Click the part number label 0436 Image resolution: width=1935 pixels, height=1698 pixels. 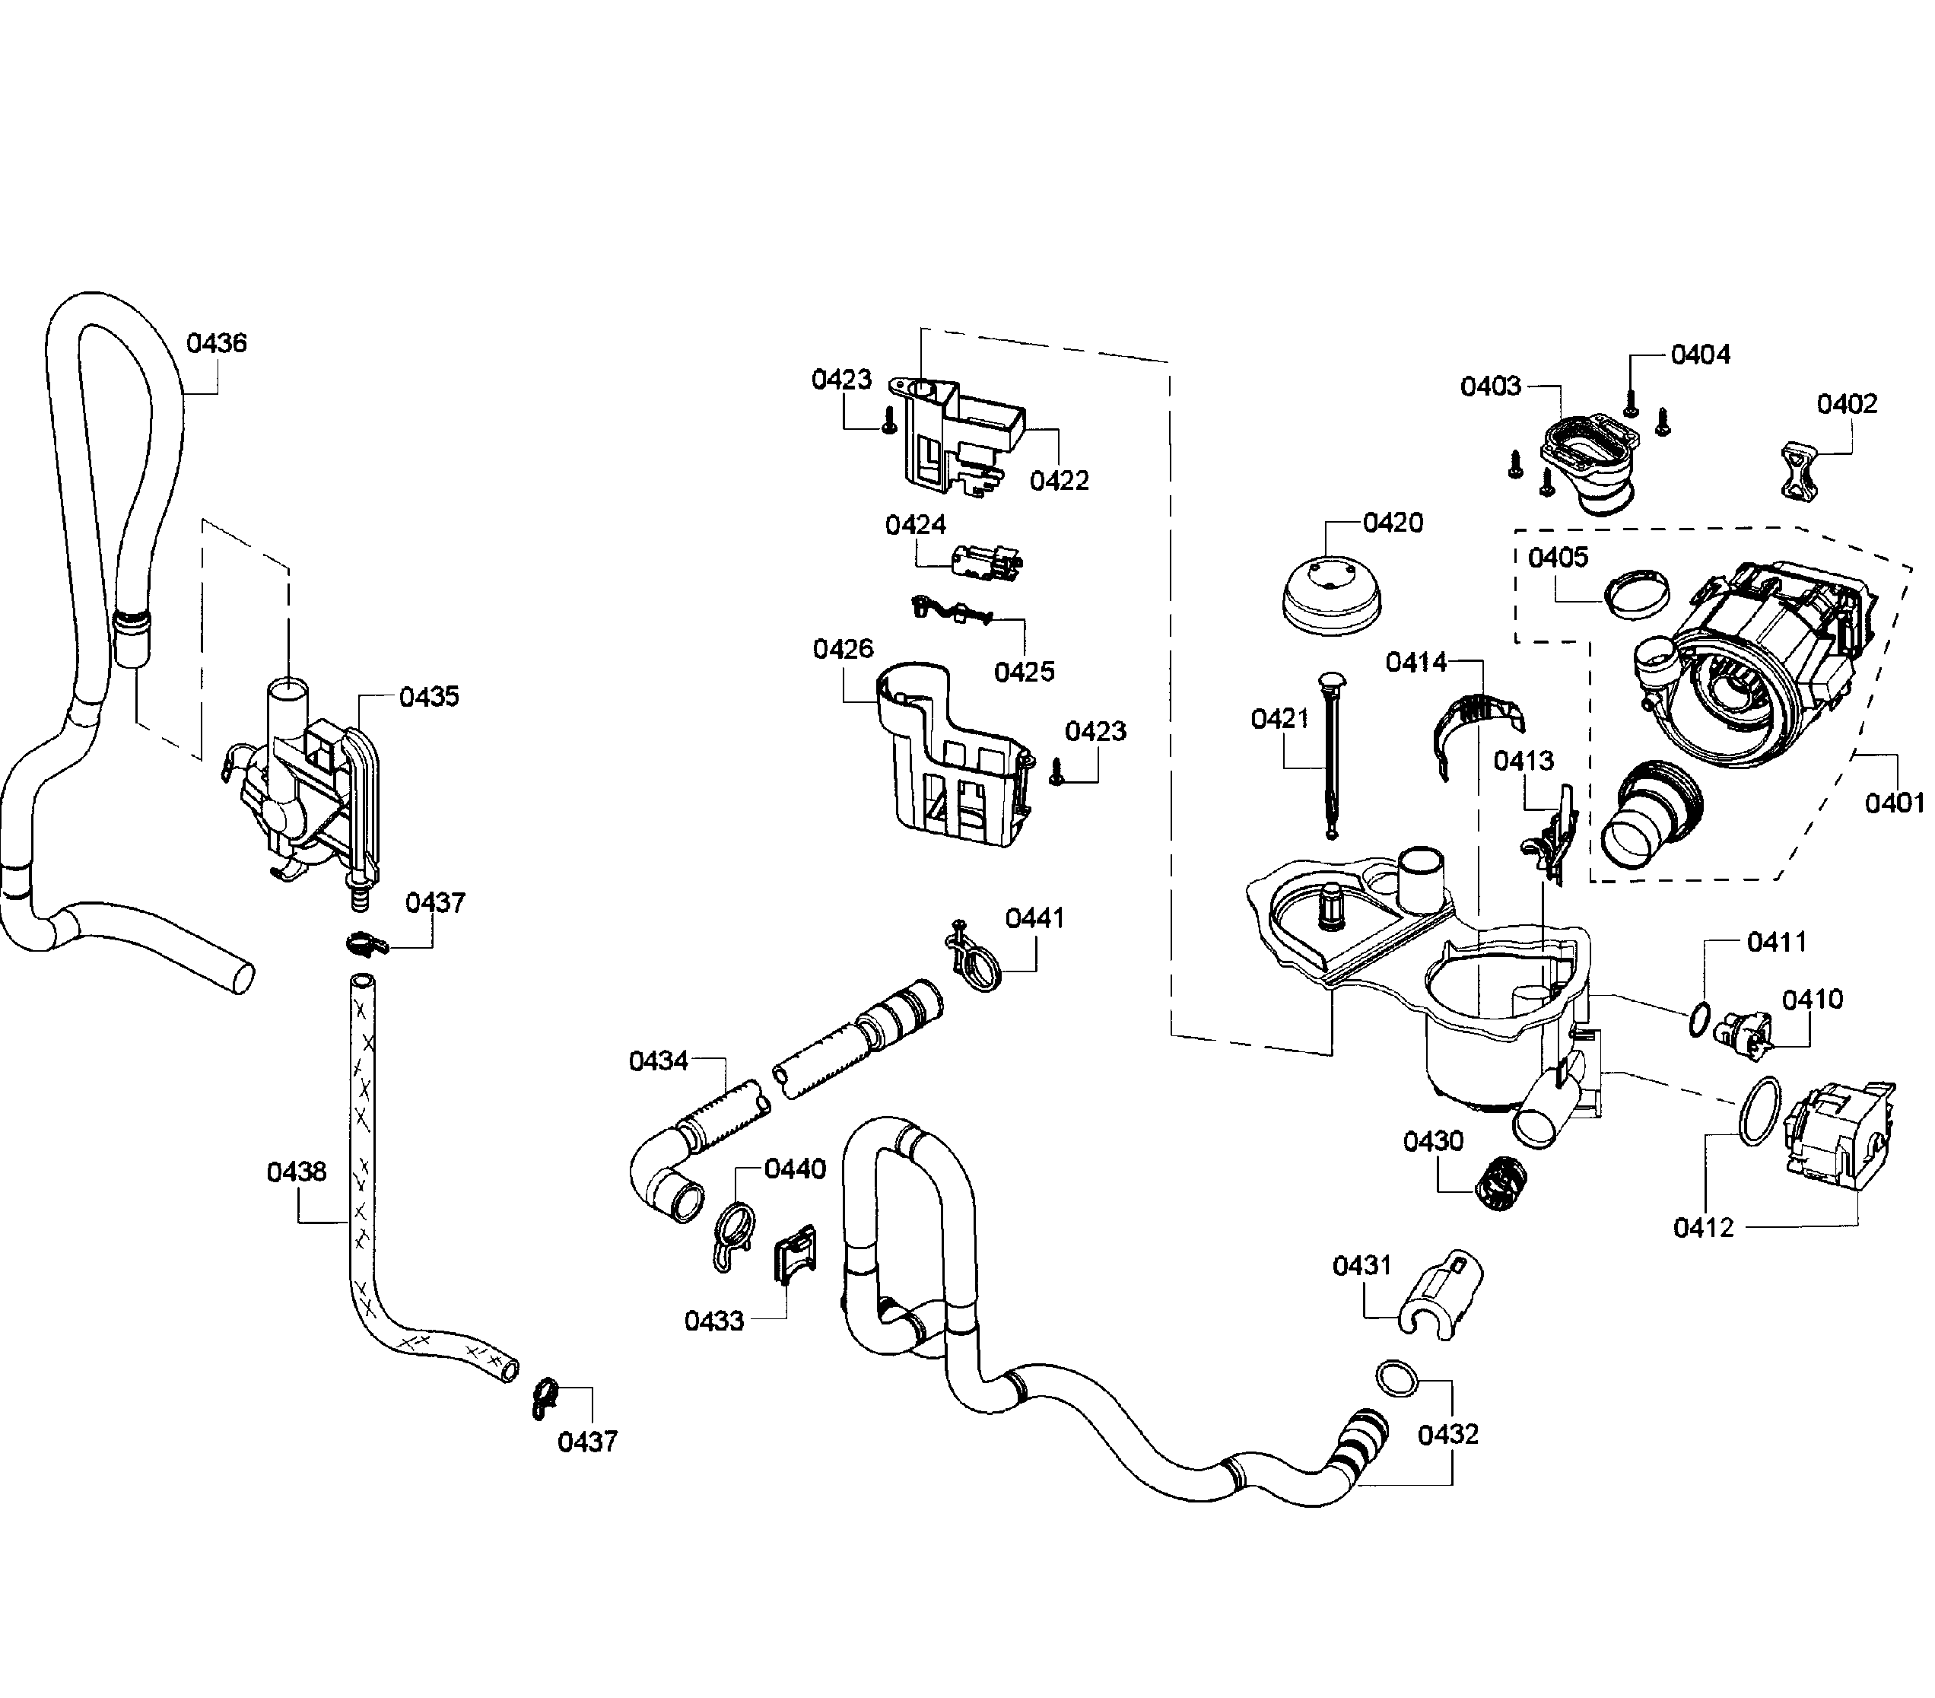pos(216,343)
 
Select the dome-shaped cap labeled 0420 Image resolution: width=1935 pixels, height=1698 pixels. pos(1330,595)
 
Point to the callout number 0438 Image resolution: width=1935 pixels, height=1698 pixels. pos(297,1172)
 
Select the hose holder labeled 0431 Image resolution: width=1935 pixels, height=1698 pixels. pos(1439,1293)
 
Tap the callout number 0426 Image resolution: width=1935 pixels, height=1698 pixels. pos(843,649)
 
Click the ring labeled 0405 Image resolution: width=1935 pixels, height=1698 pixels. pos(1636,595)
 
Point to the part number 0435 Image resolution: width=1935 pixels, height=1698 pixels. pos(429,696)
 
